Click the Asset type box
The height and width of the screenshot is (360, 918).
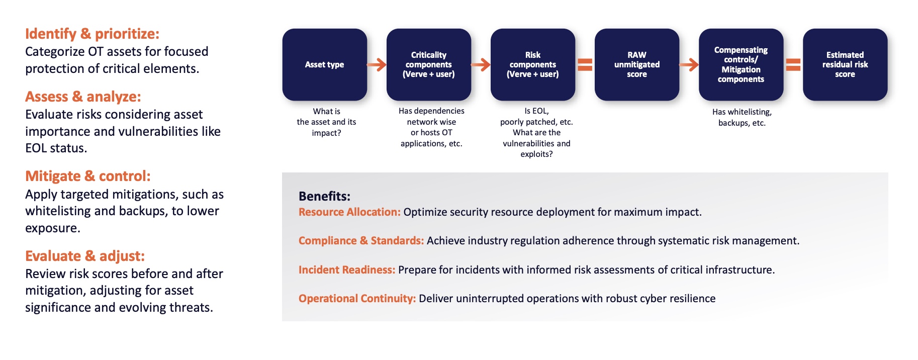click(324, 64)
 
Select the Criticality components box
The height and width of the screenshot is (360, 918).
click(428, 64)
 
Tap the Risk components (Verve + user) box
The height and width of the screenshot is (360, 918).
click(532, 64)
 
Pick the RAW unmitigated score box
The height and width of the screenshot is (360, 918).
click(636, 64)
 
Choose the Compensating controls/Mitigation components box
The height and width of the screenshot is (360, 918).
click(741, 64)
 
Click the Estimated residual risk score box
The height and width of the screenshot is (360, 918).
click(845, 64)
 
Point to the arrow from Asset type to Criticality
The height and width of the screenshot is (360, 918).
click(377, 64)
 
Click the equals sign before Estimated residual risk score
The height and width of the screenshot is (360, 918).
click(793, 64)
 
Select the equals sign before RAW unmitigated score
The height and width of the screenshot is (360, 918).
click(585, 64)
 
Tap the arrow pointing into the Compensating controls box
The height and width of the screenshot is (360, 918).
click(689, 64)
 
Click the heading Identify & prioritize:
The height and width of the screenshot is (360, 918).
click(92, 34)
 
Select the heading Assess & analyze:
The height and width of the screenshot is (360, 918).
click(83, 97)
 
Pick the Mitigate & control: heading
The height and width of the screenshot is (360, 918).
click(88, 176)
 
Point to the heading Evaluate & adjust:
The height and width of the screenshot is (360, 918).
click(85, 256)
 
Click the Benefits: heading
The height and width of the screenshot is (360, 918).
click(324, 196)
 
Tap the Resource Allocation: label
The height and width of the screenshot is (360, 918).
click(349, 212)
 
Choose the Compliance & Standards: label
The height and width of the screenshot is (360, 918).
click(361, 241)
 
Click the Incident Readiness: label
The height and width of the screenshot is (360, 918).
click(347, 270)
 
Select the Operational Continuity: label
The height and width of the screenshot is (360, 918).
click(357, 299)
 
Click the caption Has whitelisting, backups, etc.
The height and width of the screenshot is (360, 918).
click(742, 118)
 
